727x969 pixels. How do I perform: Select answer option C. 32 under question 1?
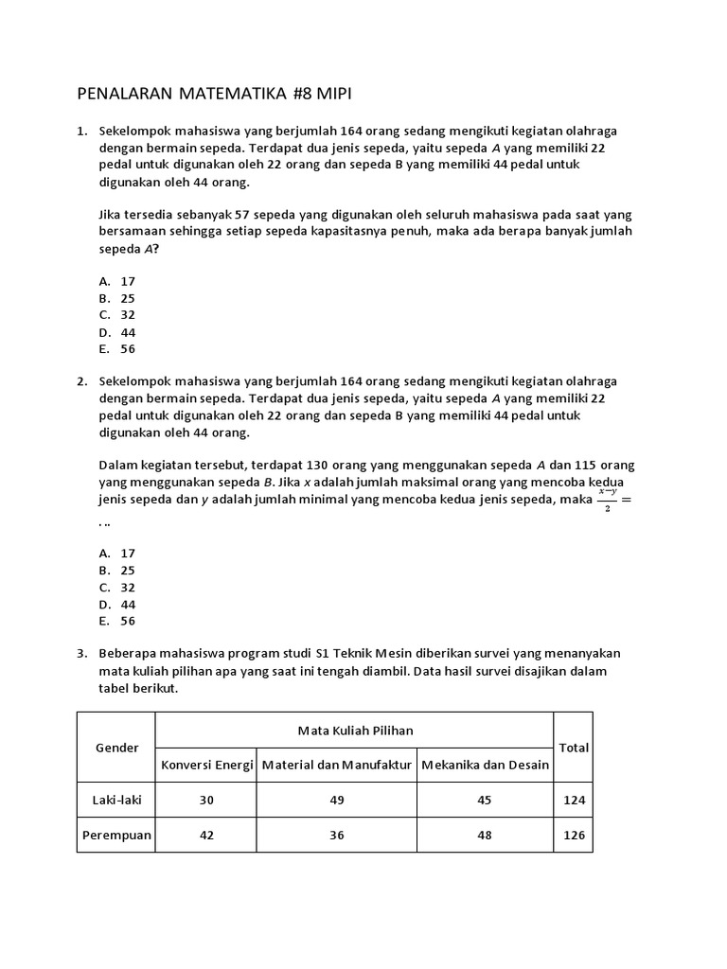[x=117, y=314]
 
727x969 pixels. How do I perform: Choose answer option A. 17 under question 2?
[x=117, y=553]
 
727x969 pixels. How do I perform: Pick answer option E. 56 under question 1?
[x=117, y=348]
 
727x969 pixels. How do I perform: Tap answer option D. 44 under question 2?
[x=117, y=604]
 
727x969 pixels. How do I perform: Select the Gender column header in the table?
[x=116, y=748]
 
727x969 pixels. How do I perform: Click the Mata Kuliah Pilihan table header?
[x=355, y=730]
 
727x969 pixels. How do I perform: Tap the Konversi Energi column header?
[x=207, y=765]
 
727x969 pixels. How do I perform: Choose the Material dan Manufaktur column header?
[x=337, y=765]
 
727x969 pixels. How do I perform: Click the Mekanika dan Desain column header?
[x=485, y=765]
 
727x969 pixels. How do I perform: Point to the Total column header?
[x=574, y=748]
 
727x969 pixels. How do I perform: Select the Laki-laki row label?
[x=116, y=800]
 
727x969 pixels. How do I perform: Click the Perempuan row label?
[x=116, y=835]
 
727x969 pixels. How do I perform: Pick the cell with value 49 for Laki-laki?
[x=337, y=800]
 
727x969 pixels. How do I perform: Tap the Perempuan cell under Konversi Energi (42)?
[x=207, y=835]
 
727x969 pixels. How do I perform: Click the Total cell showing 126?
[x=574, y=835]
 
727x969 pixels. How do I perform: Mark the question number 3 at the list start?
[x=82, y=654]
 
